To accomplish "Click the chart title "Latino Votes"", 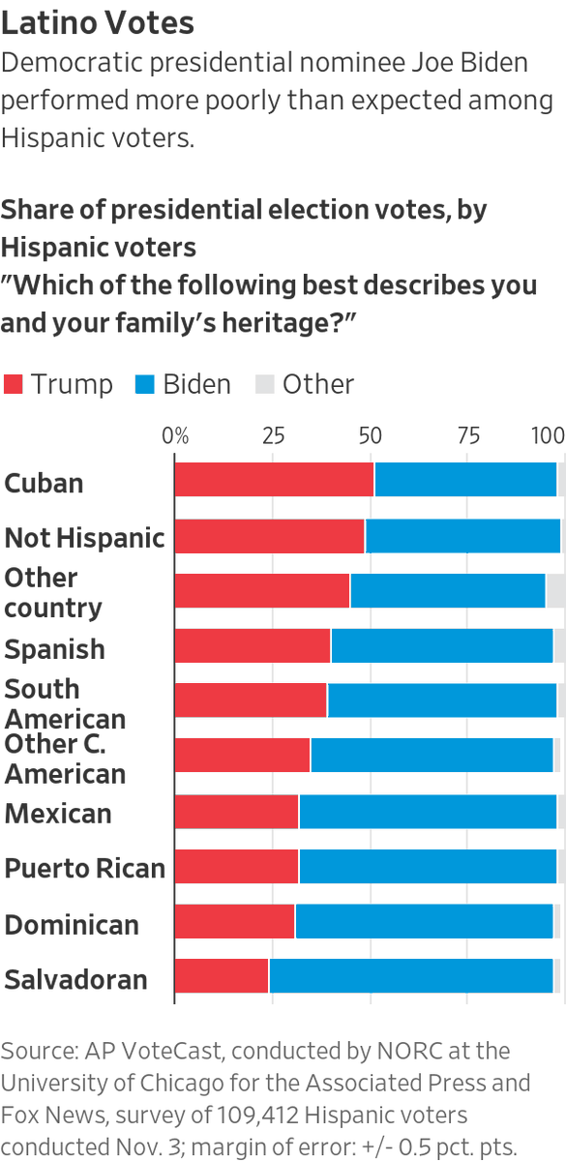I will (98, 21).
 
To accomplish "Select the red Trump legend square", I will (14, 384).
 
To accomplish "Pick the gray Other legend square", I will (264, 384).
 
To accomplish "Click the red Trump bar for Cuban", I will (274, 480).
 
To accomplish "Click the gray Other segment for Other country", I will (555, 590).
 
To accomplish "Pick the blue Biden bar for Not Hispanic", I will (462, 535).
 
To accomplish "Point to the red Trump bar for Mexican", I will (237, 812).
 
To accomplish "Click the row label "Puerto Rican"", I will (85, 868).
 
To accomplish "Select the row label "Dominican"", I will (72, 924).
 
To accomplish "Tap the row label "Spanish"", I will (55, 648).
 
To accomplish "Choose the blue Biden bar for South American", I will (442, 700).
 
